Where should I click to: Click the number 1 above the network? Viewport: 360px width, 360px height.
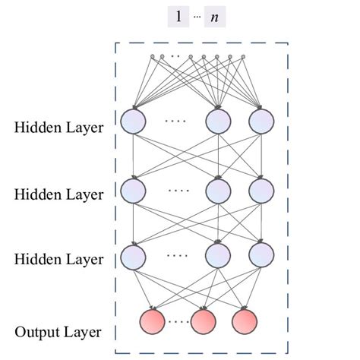pyautogui.click(x=178, y=16)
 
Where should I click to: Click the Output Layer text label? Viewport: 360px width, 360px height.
pyautogui.click(x=58, y=332)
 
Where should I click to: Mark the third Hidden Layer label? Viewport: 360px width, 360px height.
pyautogui.click(x=58, y=259)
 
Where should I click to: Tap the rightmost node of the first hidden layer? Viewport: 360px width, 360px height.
pyautogui.click(x=261, y=122)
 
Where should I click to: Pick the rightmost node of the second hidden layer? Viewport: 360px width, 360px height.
pyautogui.click(x=261, y=189)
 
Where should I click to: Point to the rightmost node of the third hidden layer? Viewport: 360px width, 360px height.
pyautogui.click(x=261, y=255)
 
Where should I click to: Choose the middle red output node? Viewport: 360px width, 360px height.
pyautogui.click(x=204, y=321)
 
